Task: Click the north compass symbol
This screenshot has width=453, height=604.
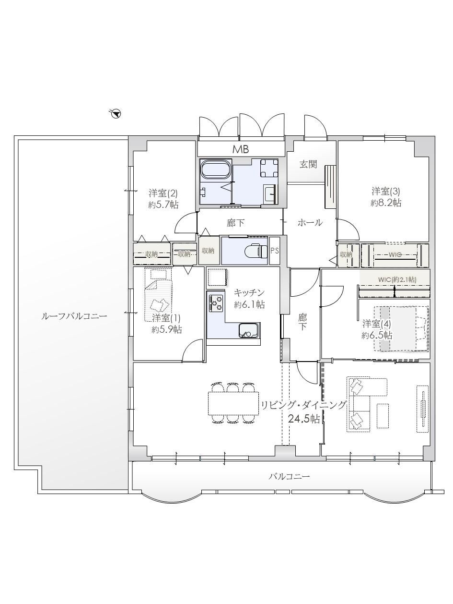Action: tap(116, 113)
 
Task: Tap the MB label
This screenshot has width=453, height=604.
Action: tap(241, 149)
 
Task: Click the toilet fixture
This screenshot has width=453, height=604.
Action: tap(256, 251)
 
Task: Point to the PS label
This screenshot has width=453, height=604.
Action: tap(275, 251)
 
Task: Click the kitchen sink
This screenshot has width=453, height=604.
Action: tap(249, 330)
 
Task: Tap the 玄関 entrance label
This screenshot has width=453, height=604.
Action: tap(308, 164)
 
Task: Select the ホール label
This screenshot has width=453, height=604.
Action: tap(310, 222)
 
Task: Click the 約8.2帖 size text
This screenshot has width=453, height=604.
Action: tap(386, 203)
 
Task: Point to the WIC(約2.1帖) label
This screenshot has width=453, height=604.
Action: tap(397, 280)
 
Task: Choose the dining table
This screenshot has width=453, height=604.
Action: tap(233, 403)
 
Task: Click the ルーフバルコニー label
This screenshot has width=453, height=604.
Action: tap(74, 316)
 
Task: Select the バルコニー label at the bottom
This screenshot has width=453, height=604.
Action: tap(289, 476)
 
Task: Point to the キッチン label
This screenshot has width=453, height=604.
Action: tap(249, 292)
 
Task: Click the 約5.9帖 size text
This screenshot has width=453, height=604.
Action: tap(166, 329)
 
